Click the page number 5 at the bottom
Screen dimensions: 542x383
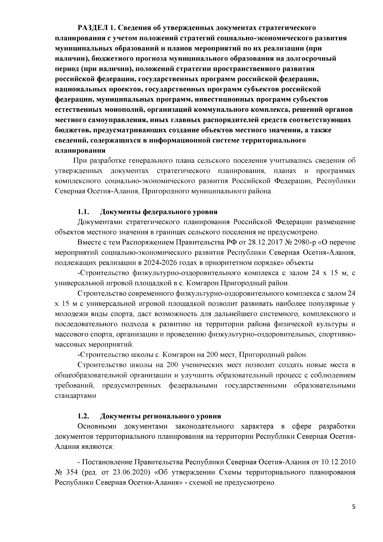pos(353,508)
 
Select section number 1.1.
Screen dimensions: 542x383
pos(83,212)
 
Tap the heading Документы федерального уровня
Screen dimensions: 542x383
pos(159,212)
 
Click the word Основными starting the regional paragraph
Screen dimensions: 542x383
pos(97,426)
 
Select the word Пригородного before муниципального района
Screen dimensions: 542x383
pos(166,191)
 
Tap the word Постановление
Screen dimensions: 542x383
pos(108,462)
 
